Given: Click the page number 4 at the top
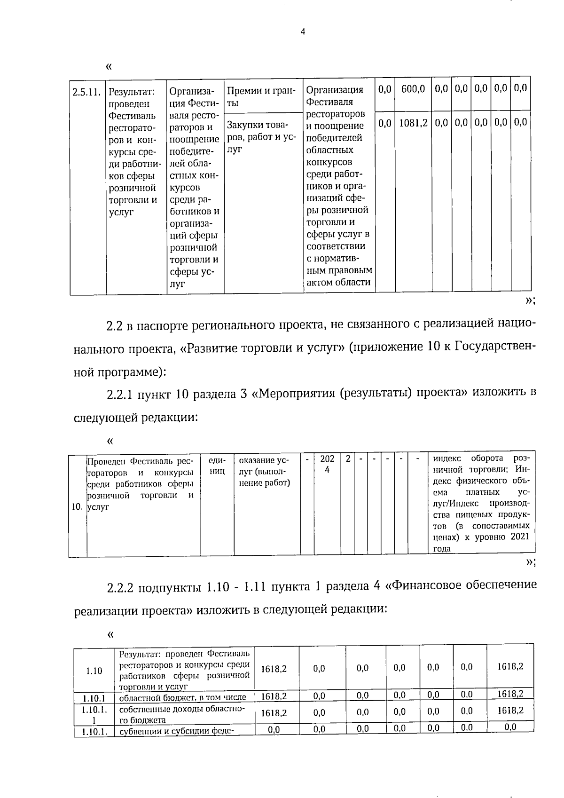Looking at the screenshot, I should click(x=303, y=32).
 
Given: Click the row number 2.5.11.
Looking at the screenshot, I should click(x=87, y=91).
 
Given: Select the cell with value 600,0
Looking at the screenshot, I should click(x=413, y=89).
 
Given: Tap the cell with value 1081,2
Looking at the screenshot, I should click(x=413, y=123).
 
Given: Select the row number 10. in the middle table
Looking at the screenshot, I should click(x=77, y=507).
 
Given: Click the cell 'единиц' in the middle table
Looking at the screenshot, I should click(x=217, y=465).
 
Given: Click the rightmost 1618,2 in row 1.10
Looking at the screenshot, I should click(x=510, y=667).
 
